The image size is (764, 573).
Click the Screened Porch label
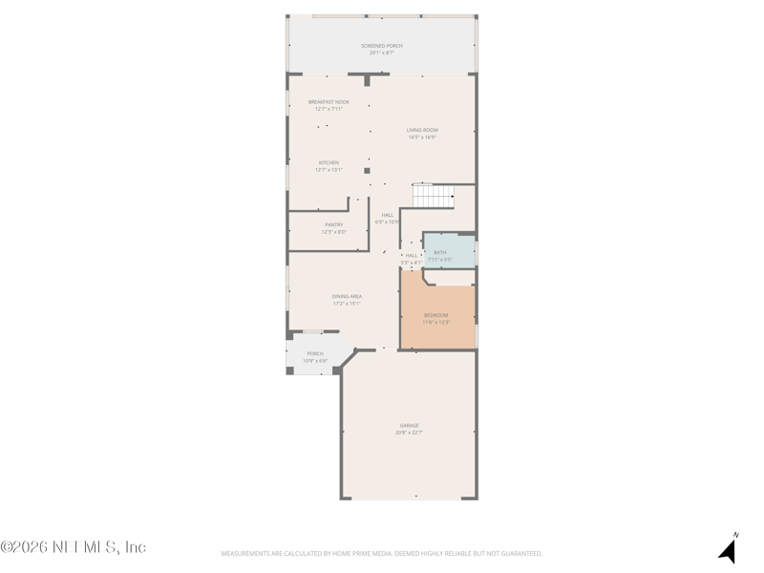click(x=382, y=46)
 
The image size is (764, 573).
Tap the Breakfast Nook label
click(x=329, y=101)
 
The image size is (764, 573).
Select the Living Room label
click(x=422, y=130)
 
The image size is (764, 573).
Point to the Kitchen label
click(x=329, y=162)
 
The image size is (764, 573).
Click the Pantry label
click(x=333, y=224)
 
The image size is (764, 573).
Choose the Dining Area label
click(x=347, y=296)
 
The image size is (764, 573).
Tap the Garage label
click(x=409, y=425)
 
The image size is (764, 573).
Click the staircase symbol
click(x=433, y=196)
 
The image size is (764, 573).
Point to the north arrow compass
click(x=729, y=548)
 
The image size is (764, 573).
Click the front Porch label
click(x=315, y=353)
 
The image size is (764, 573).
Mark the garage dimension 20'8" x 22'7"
click(x=409, y=433)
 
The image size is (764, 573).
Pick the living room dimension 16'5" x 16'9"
click(x=422, y=138)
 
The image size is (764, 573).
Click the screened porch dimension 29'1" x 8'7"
click(x=382, y=53)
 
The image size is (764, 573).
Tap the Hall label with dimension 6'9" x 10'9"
click(x=388, y=215)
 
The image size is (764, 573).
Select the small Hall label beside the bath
click(x=412, y=255)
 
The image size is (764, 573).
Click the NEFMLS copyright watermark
click(x=74, y=547)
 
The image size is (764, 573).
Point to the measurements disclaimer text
click(x=382, y=554)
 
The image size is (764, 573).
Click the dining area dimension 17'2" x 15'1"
click(x=347, y=304)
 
